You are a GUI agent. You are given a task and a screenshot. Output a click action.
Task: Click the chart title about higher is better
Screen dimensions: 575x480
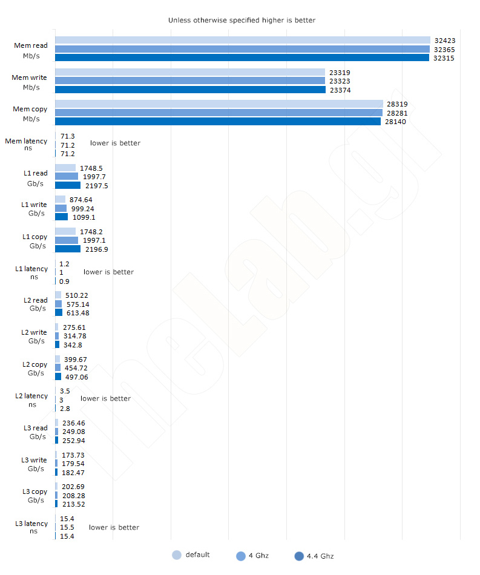click(x=242, y=20)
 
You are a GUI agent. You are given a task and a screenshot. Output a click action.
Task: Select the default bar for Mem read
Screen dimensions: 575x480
click(x=242, y=40)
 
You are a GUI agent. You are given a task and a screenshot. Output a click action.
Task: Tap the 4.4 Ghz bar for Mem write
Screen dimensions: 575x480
click(x=190, y=90)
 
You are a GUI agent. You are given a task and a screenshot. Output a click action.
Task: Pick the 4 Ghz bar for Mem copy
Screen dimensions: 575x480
click(x=219, y=113)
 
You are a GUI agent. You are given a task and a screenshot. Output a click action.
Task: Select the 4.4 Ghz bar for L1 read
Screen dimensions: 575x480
click(x=68, y=185)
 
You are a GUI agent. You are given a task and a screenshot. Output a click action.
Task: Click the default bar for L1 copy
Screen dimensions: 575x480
click(x=65, y=231)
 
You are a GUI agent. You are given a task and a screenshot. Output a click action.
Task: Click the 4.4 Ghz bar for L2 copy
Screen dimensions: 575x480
click(x=58, y=376)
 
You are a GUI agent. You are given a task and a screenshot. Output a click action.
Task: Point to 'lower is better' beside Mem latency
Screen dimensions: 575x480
click(x=115, y=143)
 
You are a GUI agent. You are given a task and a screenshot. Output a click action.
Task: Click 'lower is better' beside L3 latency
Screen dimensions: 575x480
click(x=114, y=527)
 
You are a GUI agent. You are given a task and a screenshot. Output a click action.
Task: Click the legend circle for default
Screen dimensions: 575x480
click(x=177, y=555)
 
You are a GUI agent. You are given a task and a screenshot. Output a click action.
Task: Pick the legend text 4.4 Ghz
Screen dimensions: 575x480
click(x=320, y=556)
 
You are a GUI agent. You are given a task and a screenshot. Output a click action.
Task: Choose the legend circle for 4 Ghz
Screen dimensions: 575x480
click(x=241, y=556)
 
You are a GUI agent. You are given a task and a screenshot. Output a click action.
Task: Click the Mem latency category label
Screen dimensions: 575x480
click(x=27, y=145)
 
